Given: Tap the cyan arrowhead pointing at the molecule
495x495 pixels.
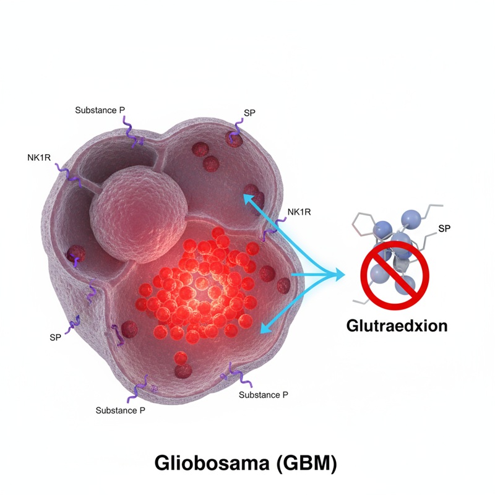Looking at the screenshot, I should tap(339, 273).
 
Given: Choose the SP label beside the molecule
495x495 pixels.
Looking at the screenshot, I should tap(444, 228).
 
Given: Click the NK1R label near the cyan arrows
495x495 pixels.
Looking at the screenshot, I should tap(299, 212).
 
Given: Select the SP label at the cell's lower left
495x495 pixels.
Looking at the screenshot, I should tap(56, 338).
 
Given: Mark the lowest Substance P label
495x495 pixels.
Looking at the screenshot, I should tap(121, 410).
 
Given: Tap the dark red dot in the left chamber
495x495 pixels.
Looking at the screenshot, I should tap(76, 254).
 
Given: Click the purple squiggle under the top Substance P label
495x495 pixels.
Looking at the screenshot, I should tap(133, 132).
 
